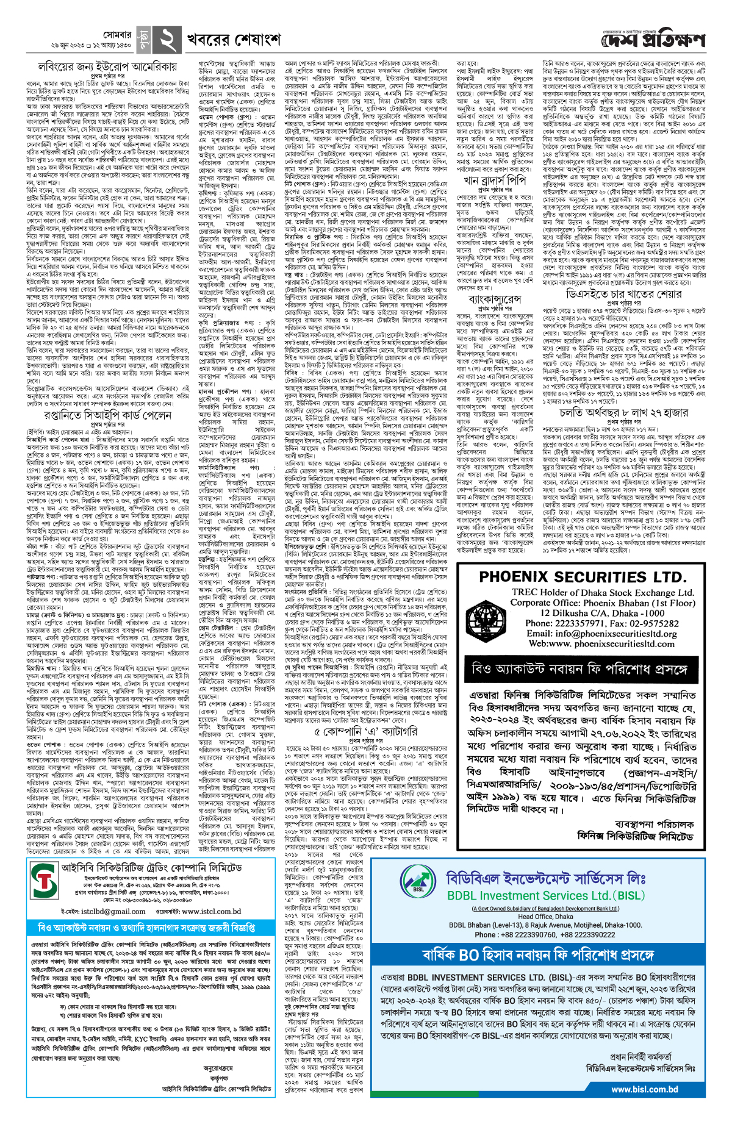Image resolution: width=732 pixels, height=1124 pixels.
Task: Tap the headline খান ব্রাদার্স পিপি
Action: pos(493,181)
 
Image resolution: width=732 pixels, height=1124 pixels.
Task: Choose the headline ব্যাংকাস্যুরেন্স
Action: pos(494,300)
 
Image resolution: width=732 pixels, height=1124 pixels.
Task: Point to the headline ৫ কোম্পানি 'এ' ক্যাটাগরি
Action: pos(366,731)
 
